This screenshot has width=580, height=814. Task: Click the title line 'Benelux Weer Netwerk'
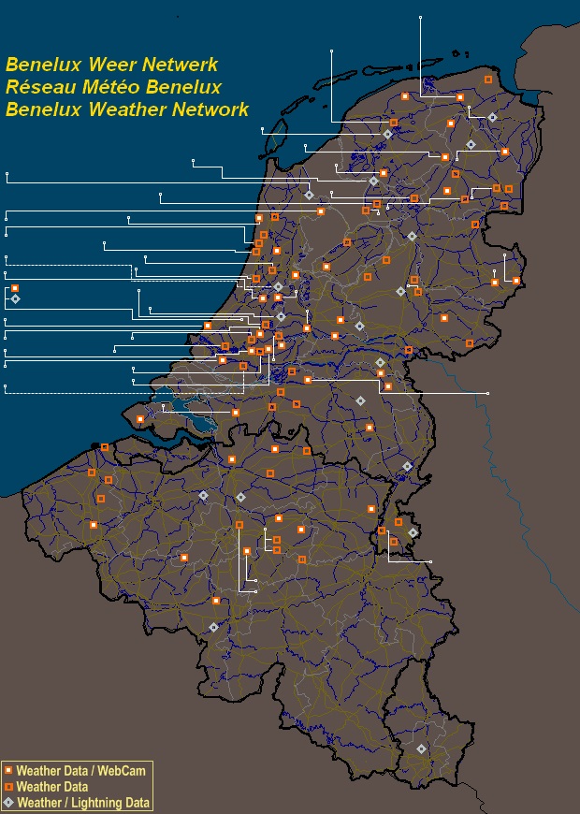[111, 65]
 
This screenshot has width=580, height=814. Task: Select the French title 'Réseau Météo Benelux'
[113, 87]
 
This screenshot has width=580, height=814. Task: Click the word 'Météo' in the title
[109, 87]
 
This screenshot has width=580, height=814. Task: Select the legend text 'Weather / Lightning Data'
[83, 802]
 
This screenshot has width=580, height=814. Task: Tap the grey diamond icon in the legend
[8, 802]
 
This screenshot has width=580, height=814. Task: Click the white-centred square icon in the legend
[8, 771]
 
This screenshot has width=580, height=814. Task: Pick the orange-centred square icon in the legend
[8, 787]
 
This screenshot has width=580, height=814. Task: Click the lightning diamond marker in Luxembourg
[421, 749]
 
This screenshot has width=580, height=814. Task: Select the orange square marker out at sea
[15, 287]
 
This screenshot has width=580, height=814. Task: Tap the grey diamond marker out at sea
[15, 298]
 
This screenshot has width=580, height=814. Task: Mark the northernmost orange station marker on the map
[488, 80]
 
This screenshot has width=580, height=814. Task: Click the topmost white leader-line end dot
[421, 17]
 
